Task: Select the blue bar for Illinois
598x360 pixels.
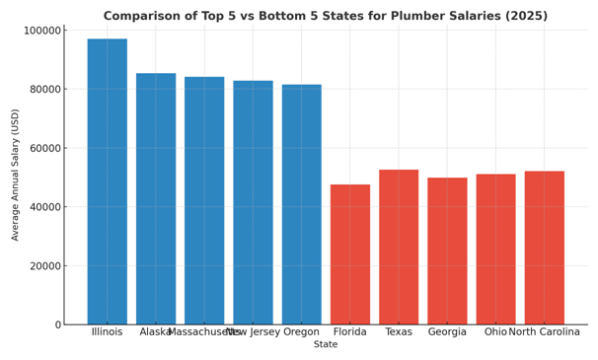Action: (x=107, y=181)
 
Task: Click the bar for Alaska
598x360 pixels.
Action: (x=156, y=198)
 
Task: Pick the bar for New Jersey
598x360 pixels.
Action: (x=253, y=202)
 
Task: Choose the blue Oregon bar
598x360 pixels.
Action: (x=301, y=204)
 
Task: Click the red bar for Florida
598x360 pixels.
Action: (x=350, y=254)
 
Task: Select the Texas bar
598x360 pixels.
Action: (x=399, y=247)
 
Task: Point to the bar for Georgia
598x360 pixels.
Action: (x=447, y=251)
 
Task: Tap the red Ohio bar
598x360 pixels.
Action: (x=495, y=249)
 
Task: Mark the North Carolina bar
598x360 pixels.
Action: (x=544, y=248)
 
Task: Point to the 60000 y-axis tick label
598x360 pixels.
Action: (x=39, y=148)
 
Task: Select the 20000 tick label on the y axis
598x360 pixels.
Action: (x=39, y=266)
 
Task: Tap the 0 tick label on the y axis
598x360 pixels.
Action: (x=57, y=324)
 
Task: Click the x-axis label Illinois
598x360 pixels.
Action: (x=107, y=332)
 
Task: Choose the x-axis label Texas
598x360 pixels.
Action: (x=399, y=332)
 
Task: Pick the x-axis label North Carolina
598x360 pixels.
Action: (x=544, y=332)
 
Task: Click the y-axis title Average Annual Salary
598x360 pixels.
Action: (x=16, y=177)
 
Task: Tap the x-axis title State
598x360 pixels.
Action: (x=326, y=345)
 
